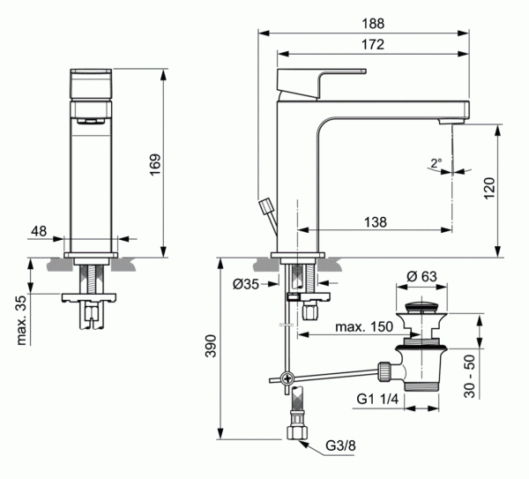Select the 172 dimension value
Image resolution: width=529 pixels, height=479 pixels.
pyautogui.click(x=365, y=43)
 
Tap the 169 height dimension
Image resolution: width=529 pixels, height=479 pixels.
pyautogui.click(x=154, y=163)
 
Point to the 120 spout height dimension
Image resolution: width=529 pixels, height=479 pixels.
pyautogui.click(x=490, y=187)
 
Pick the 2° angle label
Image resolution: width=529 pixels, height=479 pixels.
pyautogui.click(x=437, y=162)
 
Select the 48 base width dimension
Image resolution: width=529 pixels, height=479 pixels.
pyautogui.click(x=39, y=230)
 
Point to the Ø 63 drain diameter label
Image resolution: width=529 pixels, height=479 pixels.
pyautogui.click(x=421, y=277)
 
